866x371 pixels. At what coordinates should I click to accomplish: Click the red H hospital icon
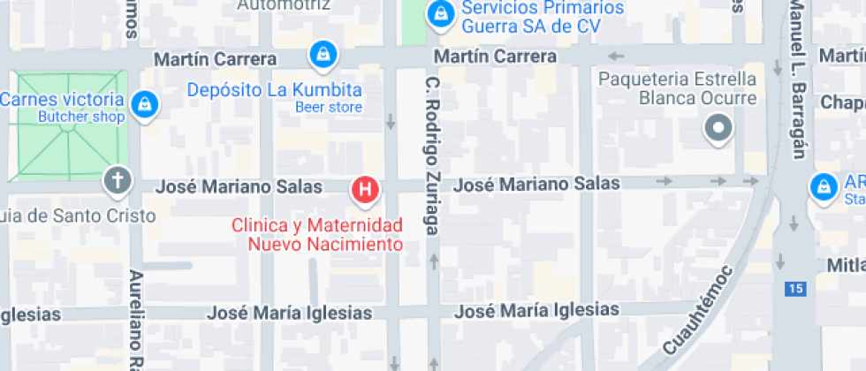click(366, 188)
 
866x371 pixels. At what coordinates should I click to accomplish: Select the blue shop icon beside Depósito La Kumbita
click(323, 55)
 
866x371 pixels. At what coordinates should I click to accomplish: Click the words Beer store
click(329, 108)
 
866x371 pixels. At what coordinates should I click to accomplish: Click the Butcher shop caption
click(81, 116)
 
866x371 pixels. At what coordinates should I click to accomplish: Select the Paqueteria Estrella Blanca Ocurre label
click(678, 88)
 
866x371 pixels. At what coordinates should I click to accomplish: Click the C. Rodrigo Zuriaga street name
click(432, 155)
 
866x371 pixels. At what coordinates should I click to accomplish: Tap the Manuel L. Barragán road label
click(798, 79)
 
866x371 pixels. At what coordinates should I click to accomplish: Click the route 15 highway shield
click(796, 288)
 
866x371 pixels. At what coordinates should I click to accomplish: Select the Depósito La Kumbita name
click(275, 90)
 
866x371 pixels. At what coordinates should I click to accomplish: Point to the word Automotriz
click(285, 4)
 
